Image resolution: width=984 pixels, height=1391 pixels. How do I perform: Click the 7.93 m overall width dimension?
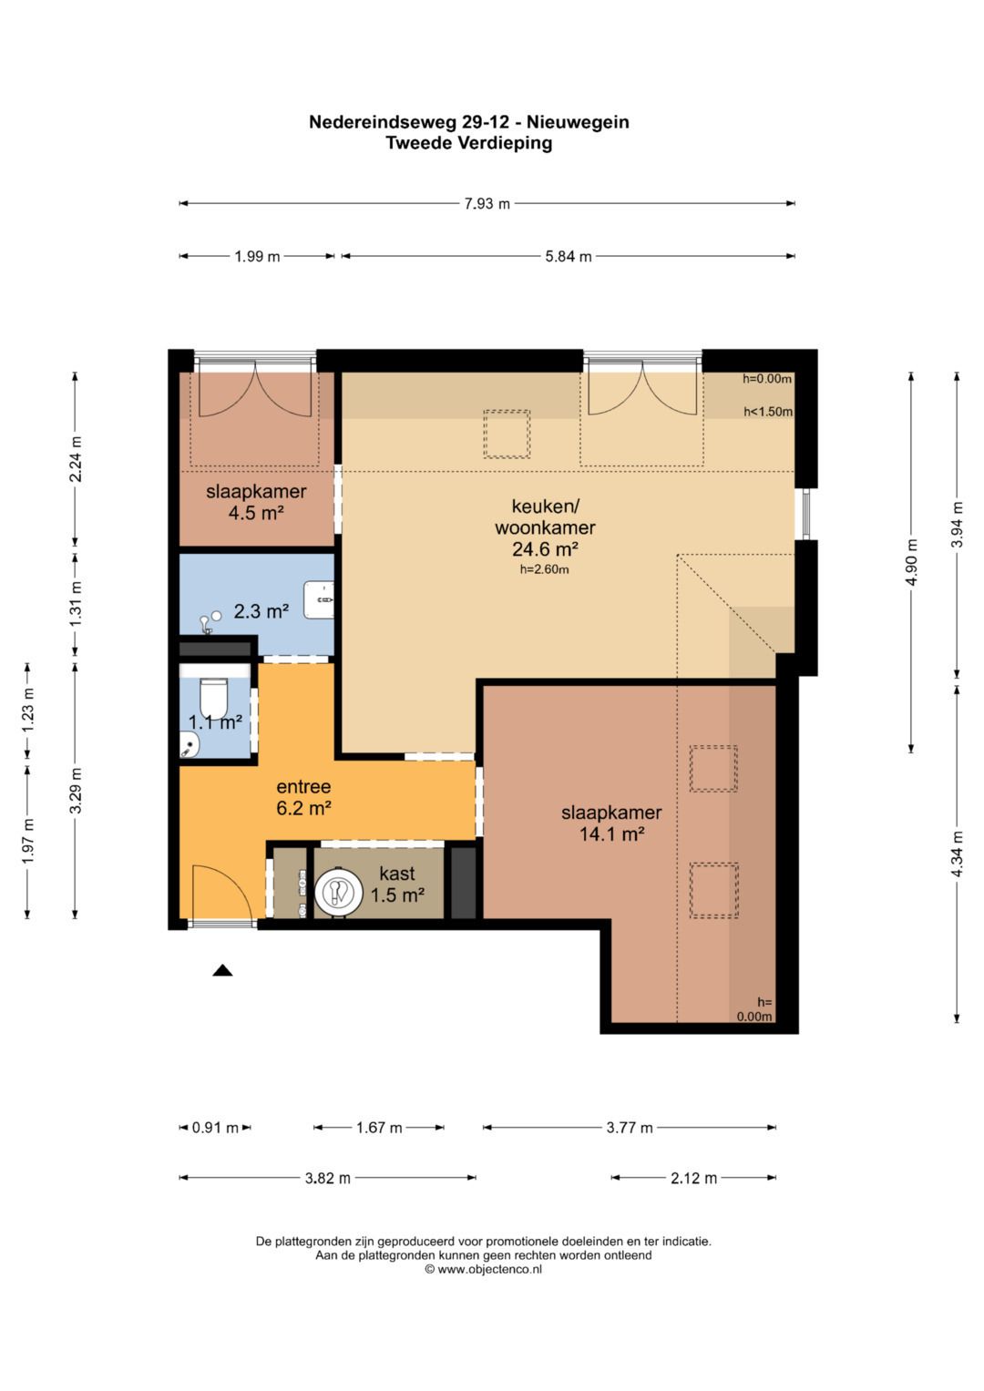point(487,203)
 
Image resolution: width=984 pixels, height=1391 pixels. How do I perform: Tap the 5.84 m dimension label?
point(568,256)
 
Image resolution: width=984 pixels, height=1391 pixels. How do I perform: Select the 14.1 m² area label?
point(611,834)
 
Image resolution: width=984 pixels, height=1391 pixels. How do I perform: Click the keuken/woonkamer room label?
point(545,517)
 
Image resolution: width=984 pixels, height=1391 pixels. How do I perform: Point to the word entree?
point(303,786)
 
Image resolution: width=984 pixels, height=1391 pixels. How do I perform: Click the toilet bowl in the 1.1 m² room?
point(214,698)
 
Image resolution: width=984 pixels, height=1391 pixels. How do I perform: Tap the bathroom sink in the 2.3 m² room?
point(318,600)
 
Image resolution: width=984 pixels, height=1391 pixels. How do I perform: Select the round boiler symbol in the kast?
point(339,893)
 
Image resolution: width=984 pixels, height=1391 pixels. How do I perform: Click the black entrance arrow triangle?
point(222,970)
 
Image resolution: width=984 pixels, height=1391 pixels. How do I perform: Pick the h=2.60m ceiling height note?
point(544,568)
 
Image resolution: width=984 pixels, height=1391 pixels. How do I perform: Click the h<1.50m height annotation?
point(768,411)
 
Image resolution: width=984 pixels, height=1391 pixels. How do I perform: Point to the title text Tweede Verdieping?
point(469,143)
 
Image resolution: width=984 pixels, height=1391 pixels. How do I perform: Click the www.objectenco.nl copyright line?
point(483,1269)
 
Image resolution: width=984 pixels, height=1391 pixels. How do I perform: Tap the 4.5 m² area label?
point(256,513)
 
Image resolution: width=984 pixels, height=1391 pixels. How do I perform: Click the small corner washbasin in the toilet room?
point(190,743)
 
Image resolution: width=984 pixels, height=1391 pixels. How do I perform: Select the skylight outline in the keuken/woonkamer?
point(507,435)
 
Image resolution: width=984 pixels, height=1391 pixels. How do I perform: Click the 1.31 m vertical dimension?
point(75,605)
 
